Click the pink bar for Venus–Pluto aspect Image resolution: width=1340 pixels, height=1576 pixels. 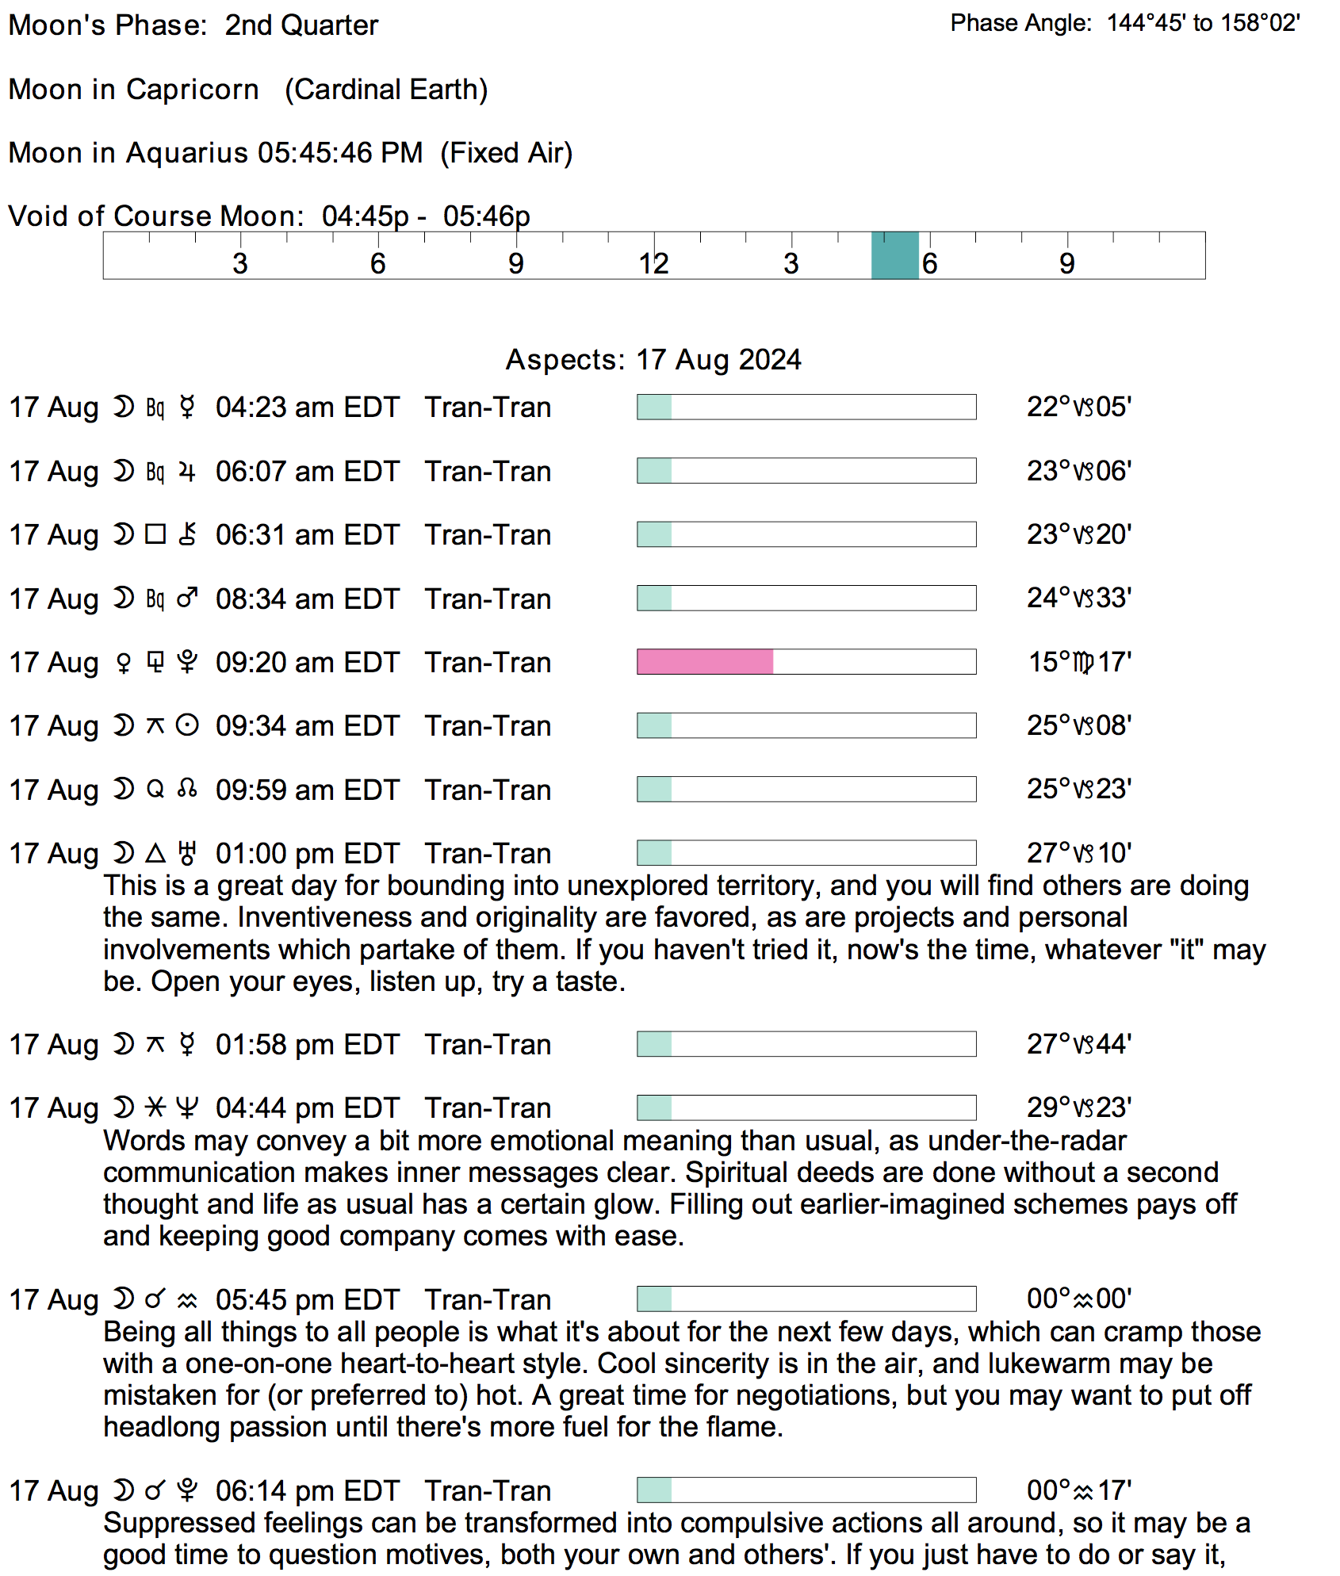coord(705,662)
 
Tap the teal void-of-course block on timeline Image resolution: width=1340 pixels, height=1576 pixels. coord(894,255)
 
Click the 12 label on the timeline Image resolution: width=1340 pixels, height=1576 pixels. coord(654,263)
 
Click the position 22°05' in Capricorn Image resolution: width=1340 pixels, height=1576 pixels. coord(1078,407)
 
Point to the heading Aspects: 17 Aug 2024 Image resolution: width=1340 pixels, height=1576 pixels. coord(653,360)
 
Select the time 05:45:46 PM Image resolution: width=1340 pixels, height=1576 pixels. coord(340,153)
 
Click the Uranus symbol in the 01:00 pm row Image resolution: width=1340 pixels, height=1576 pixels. coord(187,854)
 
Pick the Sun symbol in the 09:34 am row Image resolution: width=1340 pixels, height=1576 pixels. coord(187,726)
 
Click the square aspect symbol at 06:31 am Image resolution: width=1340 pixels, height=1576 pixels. coord(155,535)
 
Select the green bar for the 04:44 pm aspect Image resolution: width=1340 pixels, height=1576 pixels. coord(655,1108)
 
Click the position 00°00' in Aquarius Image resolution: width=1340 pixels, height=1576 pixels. coord(1078,1299)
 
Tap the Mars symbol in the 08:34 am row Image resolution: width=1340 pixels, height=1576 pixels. coord(187,599)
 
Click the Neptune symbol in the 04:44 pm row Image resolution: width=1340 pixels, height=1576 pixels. coord(187,1108)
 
